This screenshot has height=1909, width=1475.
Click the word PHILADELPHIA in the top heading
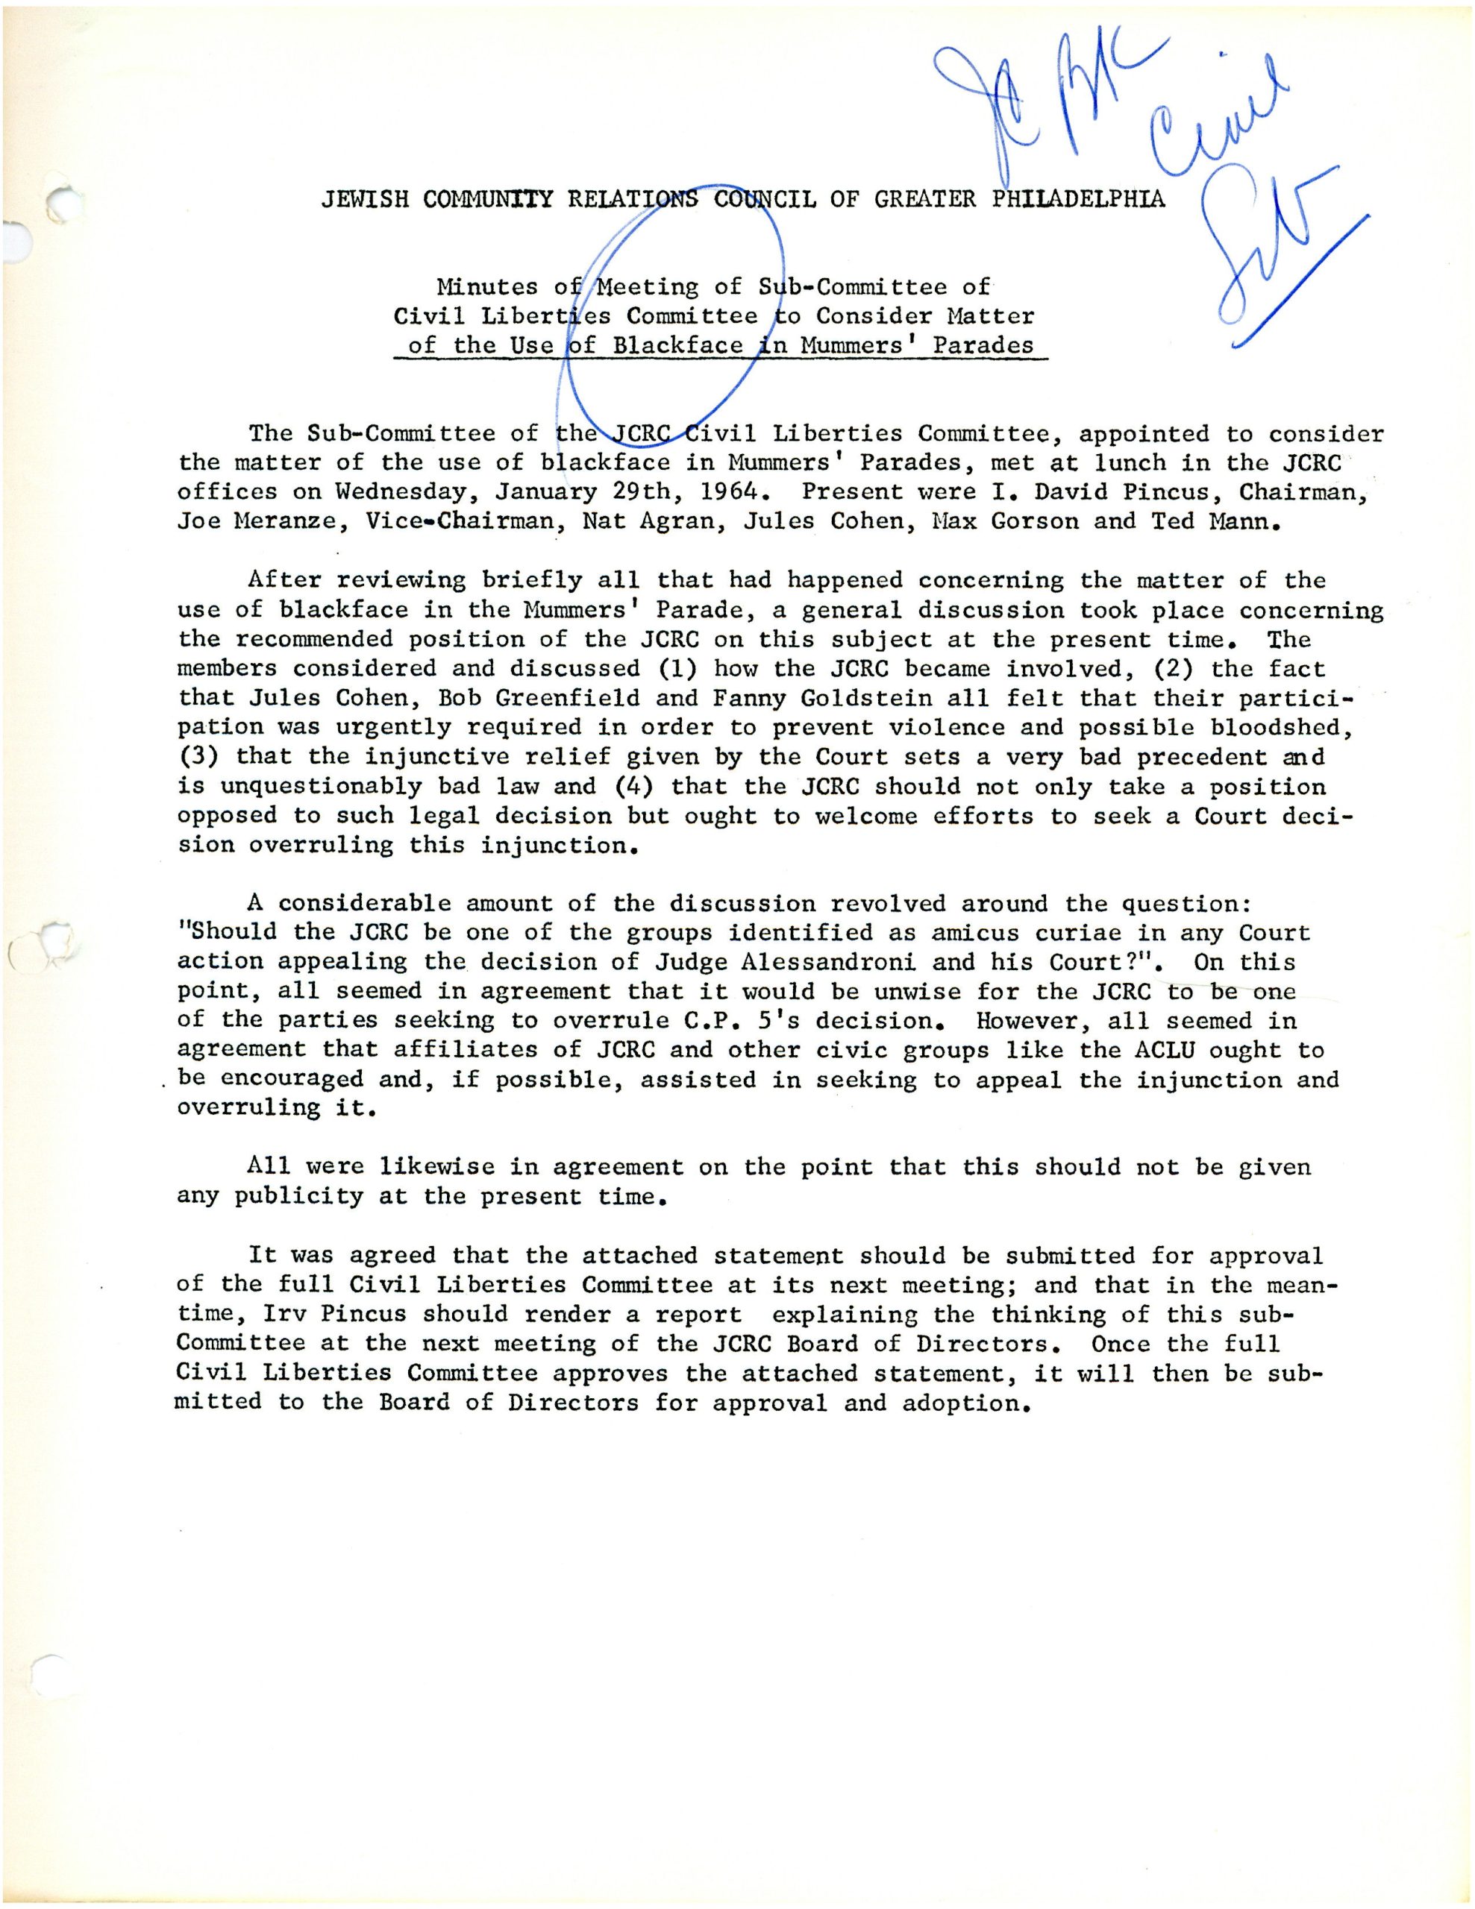coord(1078,199)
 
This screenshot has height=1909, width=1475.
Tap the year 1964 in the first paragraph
coord(727,492)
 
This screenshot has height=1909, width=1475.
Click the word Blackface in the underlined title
coord(677,345)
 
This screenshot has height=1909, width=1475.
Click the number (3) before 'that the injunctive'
coord(198,757)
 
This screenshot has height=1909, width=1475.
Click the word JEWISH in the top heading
coord(365,199)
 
